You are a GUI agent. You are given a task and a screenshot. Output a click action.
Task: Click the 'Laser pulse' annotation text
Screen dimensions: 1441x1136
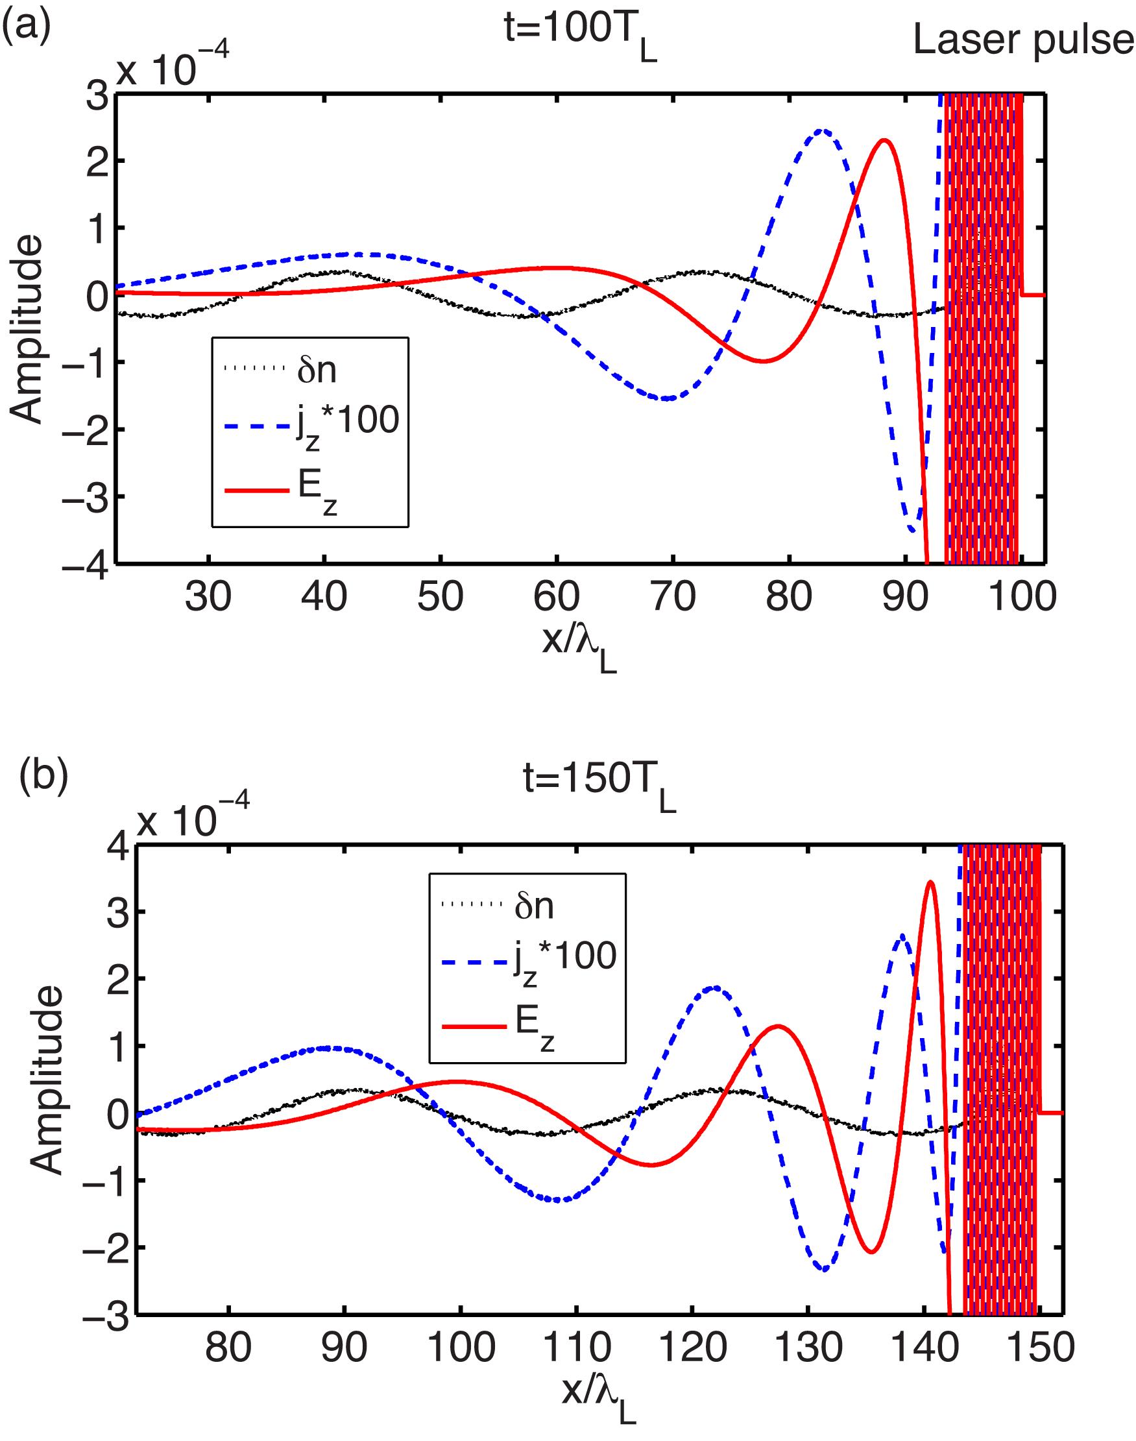1023,42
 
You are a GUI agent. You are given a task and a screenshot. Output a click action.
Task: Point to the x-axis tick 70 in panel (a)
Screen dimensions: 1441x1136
673,596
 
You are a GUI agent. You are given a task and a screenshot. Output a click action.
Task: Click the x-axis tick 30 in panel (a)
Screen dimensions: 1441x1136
209,596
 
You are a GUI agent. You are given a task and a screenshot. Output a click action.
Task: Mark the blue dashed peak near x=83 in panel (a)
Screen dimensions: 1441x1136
822,130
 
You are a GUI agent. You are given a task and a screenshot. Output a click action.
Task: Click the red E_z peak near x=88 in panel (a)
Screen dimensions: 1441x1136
884,140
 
